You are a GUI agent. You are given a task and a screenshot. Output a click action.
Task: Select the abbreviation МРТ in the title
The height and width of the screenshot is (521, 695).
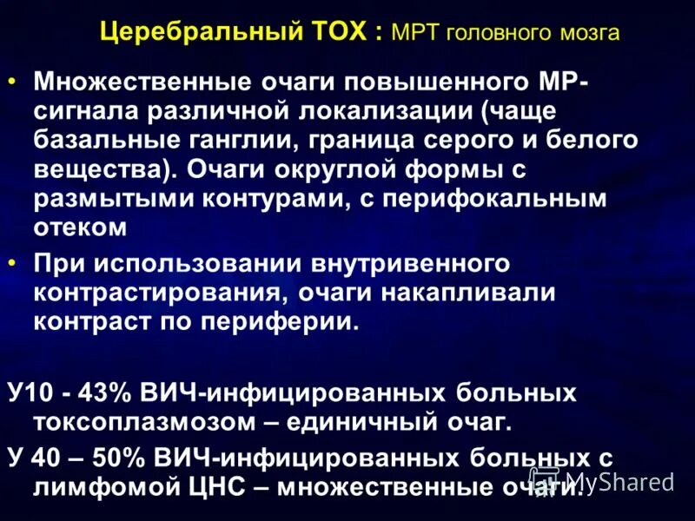[x=415, y=34]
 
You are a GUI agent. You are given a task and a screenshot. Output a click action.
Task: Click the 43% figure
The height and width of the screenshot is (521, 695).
[x=106, y=392]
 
